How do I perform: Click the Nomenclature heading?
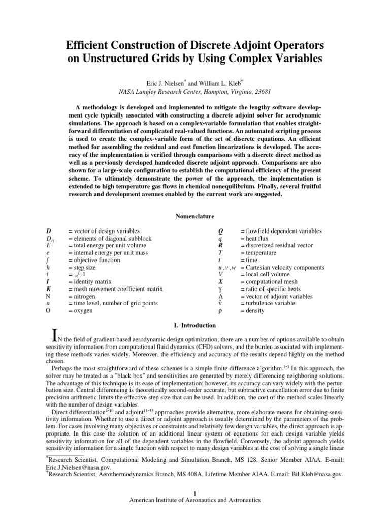tap(194, 217)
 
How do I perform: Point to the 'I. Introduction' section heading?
tap(194, 324)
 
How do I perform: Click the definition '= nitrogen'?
tap(82, 296)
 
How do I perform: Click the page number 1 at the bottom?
tap(195, 493)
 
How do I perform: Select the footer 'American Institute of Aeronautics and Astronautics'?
tap(195, 500)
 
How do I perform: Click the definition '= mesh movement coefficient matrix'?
tap(115, 289)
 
